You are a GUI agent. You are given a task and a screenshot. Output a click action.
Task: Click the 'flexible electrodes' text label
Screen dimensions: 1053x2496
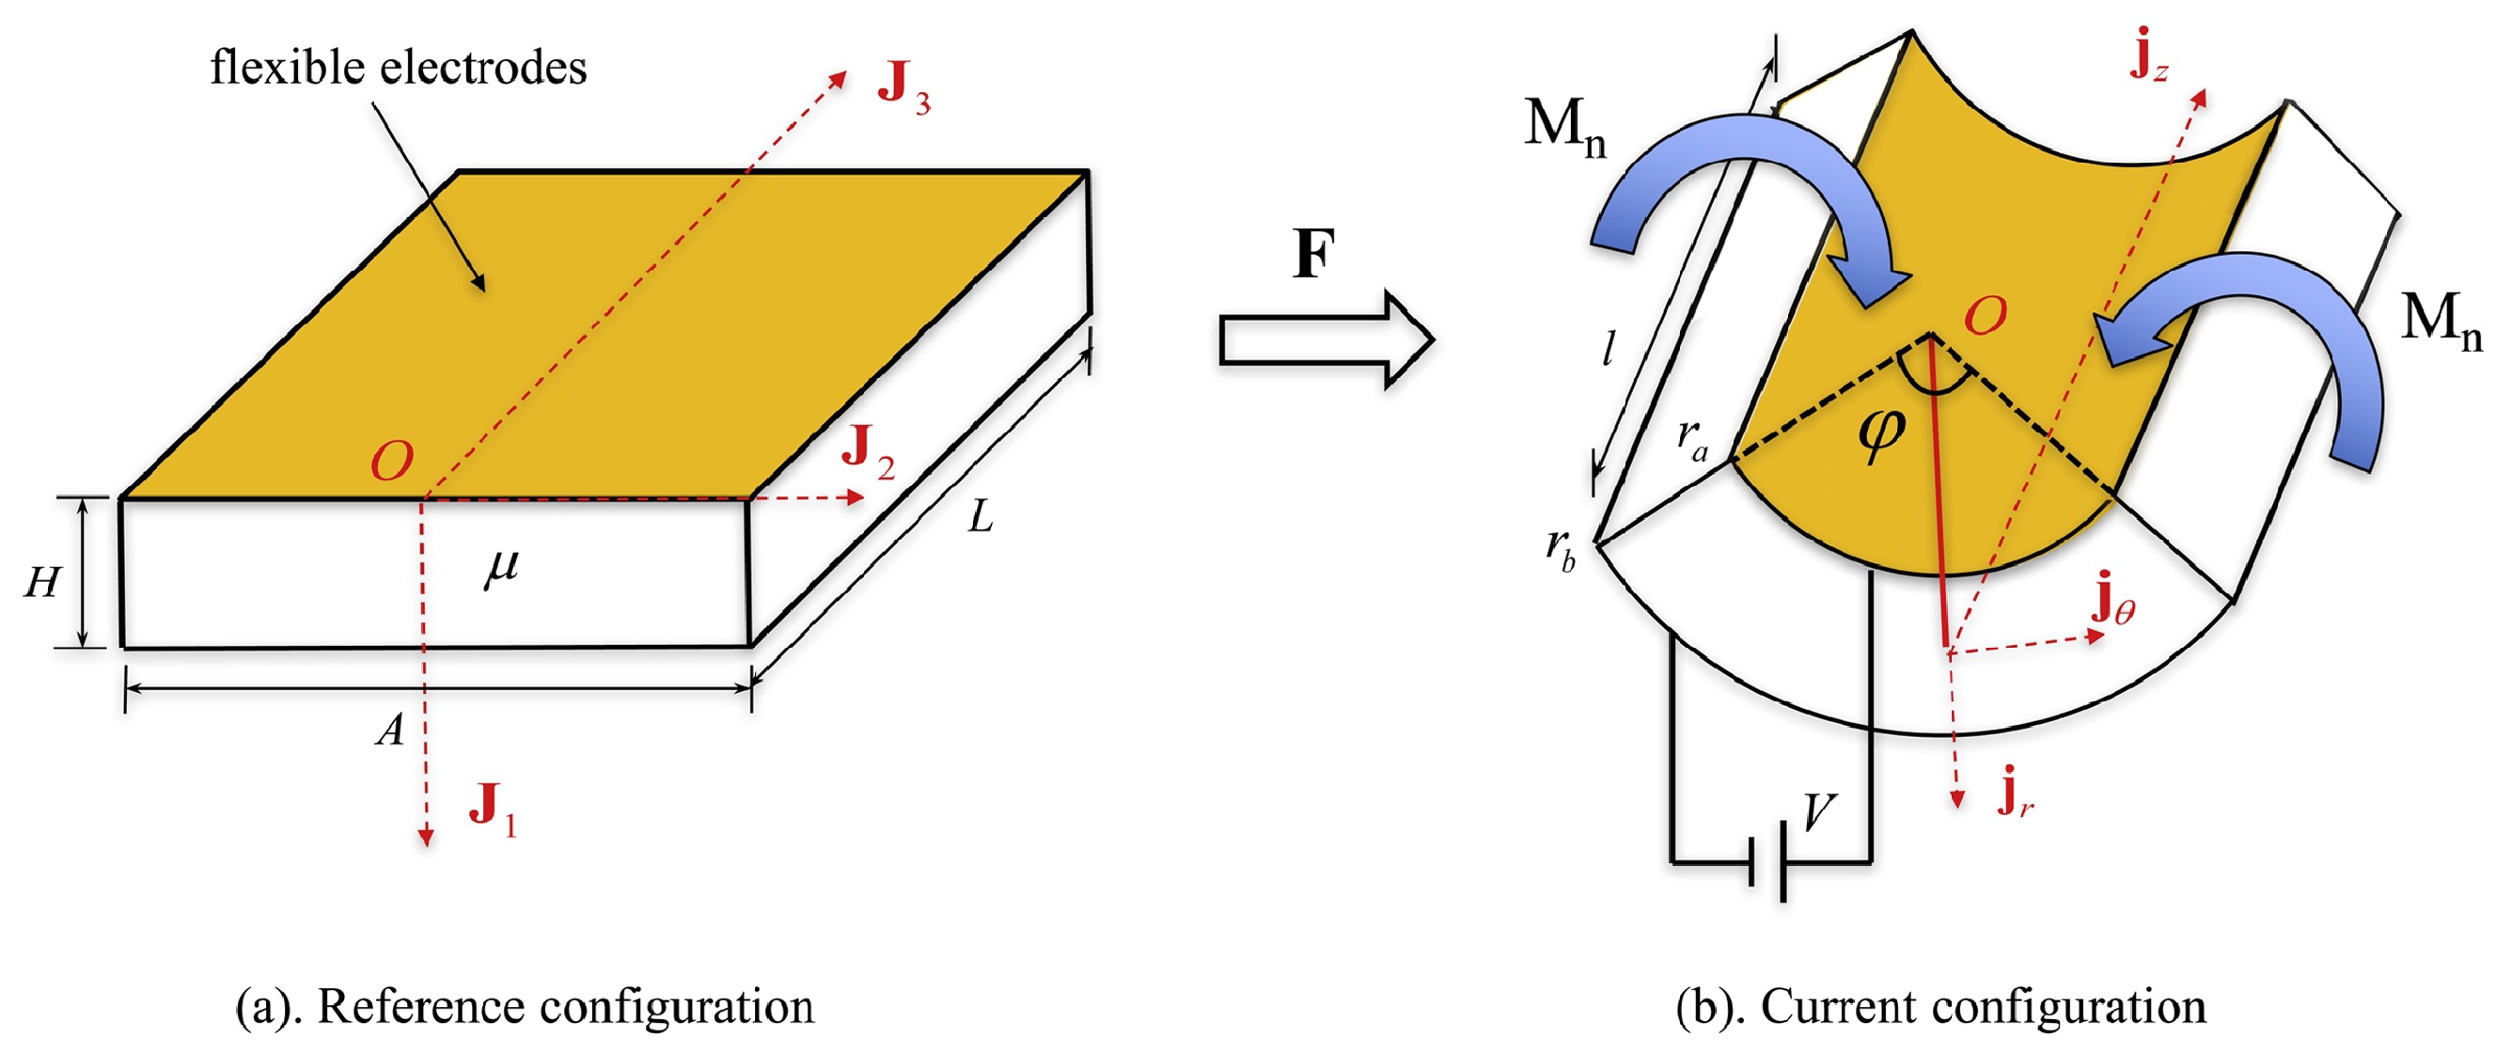coord(399,68)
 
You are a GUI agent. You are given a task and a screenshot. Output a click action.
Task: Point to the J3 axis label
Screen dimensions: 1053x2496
coord(903,88)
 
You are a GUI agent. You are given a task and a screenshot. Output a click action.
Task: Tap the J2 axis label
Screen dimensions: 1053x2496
coord(867,452)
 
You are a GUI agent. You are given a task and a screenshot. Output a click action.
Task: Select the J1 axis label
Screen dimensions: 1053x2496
coord(493,807)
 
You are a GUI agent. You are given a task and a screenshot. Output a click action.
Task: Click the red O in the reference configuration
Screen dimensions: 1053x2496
coord(392,462)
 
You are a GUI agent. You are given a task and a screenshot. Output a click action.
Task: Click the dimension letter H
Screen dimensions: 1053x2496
coord(42,582)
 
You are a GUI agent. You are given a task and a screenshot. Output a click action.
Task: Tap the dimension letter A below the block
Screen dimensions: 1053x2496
coord(390,730)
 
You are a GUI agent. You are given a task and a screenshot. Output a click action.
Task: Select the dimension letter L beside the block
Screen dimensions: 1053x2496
coord(981,518)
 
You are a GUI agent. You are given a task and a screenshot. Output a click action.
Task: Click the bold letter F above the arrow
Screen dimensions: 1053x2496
coord(1314,254)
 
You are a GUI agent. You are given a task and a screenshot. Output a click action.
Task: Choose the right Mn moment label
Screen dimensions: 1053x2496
coord(2441,320)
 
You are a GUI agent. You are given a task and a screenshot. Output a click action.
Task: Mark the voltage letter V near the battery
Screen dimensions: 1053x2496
coord(1819,811)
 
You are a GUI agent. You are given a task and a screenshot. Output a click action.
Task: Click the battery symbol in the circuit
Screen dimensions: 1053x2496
coord(1768,861)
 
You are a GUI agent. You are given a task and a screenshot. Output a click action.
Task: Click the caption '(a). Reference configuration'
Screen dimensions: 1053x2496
coord(526,1007)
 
